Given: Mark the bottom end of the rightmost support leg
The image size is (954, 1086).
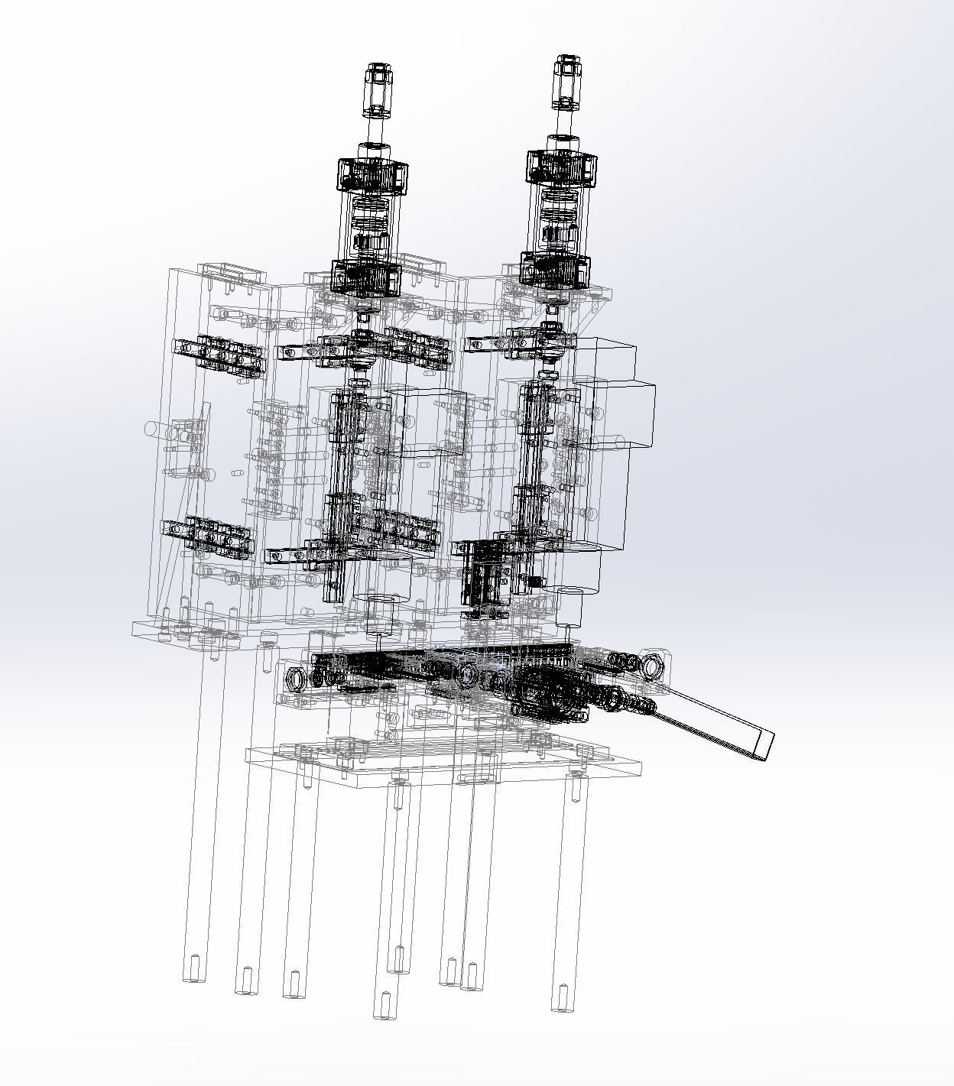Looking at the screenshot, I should (x=562, y=997).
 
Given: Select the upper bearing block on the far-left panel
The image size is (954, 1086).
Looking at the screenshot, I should (x=219, y=355).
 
